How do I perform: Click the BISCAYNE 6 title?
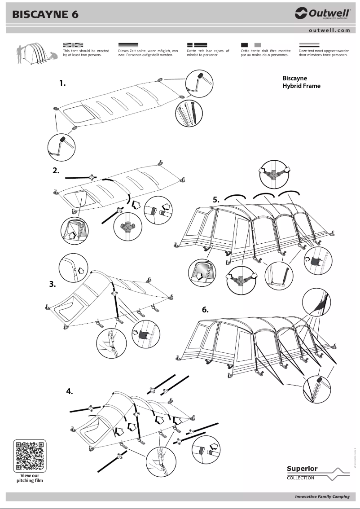point(45,14)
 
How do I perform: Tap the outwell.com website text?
point(329,31)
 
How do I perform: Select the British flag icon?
point(73,45)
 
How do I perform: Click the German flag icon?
point(128,45)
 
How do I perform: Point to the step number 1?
point(62,83)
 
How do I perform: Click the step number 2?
point(56,170)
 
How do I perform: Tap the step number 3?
point(53,284)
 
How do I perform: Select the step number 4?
point(69,391)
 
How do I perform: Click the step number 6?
point(205,310)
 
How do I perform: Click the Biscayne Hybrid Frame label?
point(301,82)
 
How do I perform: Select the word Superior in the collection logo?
point(302,469)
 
